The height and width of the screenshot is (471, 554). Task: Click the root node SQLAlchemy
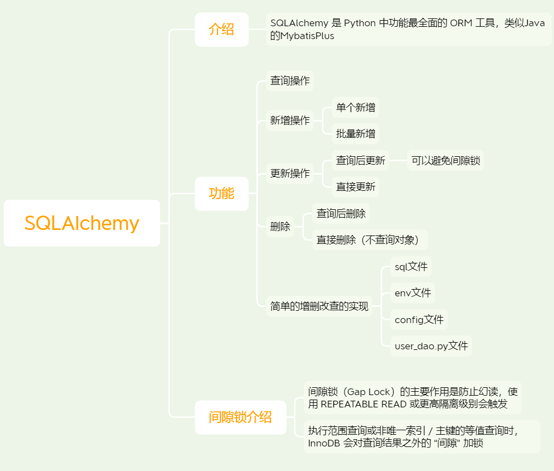click(82, 223)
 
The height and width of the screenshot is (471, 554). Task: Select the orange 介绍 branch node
click(222, 30)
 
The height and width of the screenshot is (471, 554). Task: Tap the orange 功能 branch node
click(222, 194)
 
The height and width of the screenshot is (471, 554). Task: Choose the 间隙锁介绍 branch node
click(240, 417)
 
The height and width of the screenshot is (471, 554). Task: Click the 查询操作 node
click(290, 80)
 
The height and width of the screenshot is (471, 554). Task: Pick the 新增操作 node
click(290, 120)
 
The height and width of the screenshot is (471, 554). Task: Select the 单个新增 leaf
click(356, 107)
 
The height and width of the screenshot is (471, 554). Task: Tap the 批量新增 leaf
click(356, 134)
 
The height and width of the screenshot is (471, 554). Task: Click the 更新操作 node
click(290, 174)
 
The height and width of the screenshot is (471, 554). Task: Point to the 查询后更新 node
click(361, 161)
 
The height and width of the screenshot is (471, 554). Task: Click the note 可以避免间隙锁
click(446, 161)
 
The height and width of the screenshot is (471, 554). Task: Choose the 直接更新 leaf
click(356, 187)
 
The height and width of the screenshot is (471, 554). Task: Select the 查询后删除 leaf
click(341, 213)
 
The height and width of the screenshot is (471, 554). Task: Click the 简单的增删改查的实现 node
click(319, 306)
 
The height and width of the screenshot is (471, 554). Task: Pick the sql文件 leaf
click(411, 267)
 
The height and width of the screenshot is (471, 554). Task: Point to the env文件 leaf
click(413, 293)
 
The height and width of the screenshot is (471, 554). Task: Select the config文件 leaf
click(419, 320)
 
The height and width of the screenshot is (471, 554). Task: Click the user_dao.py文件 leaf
click(431, 346)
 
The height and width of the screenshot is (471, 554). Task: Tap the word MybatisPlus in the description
click(307, 36)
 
